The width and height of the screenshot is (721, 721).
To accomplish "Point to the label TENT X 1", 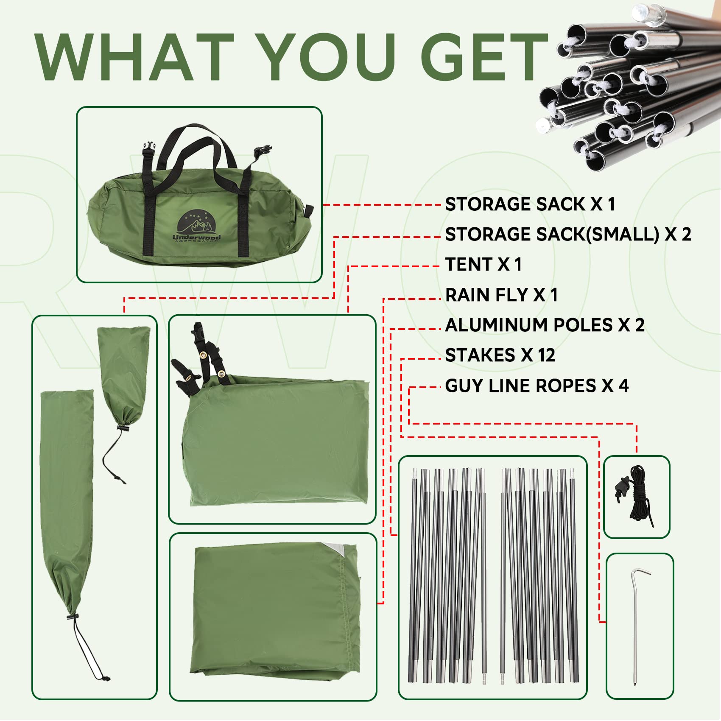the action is coord(483,265).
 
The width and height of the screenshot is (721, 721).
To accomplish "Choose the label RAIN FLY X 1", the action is coord(501,295).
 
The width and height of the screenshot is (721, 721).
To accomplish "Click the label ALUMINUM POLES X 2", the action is coord(545,325).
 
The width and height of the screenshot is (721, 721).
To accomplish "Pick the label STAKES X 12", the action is coord(500,355).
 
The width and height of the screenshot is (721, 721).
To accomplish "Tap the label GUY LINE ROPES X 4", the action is coord(537,386).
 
